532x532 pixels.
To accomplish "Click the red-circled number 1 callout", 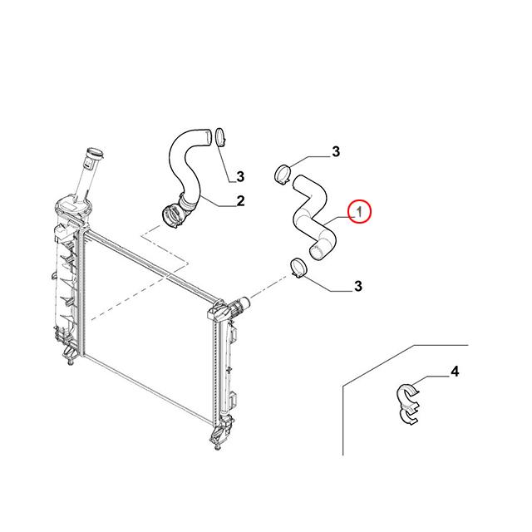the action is [x=359, y=212].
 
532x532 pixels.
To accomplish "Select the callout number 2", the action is [x=240, y=201].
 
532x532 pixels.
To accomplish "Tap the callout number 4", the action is [x=455, y=372].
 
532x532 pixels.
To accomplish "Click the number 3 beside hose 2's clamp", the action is [x=240, y=177].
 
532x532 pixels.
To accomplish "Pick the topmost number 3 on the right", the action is [x=336, y=151].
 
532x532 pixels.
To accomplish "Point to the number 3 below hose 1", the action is [x=358, y=286].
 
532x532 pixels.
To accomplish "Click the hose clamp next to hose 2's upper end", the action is [x=220, y=136].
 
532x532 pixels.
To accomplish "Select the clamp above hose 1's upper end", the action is [x=282, y=174].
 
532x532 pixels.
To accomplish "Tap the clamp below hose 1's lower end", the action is [x=298, y=268].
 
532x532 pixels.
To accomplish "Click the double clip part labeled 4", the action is [x=408, y=404].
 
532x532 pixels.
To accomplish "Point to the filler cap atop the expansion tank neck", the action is [x=94, y=155].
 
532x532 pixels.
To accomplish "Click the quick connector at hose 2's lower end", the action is [x=172, y=216].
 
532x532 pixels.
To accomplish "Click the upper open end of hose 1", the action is [x=296, y=183].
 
